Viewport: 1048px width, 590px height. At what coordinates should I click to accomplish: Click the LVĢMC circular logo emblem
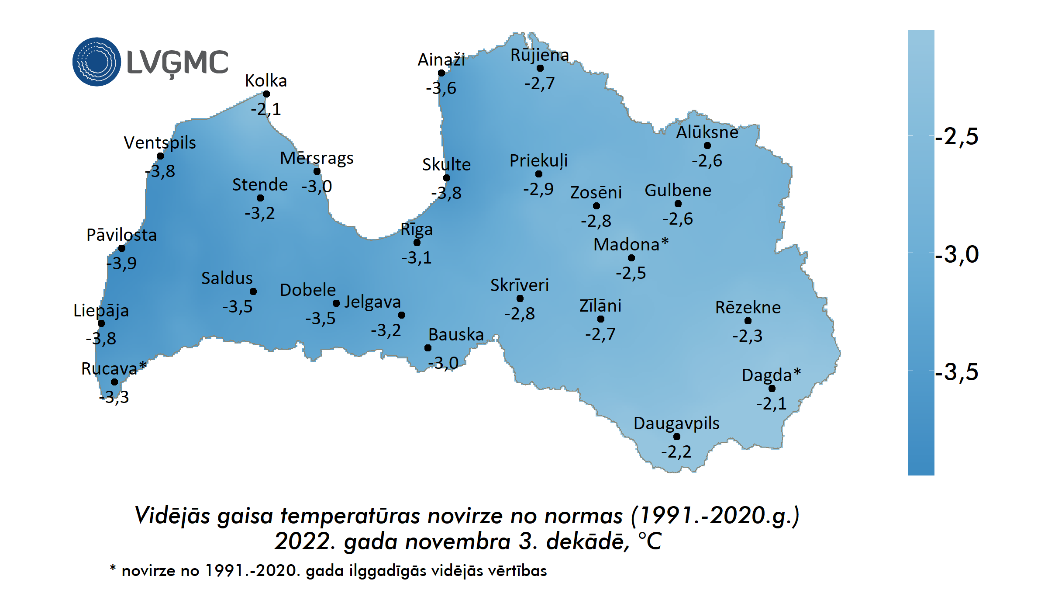(x=97, y=62)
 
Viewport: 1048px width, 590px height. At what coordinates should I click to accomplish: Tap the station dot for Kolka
(x=266, y=94)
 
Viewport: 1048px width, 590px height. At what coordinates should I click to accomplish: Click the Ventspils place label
(x=160, y=142)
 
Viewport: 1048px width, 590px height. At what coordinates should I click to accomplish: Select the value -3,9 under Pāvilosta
(x=122, y=263)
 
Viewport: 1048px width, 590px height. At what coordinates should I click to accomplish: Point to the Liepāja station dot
(x=101, y=323)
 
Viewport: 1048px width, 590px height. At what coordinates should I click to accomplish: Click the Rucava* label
(x=114, y=368)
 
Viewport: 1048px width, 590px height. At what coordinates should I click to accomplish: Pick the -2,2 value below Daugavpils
(x=676, y=451)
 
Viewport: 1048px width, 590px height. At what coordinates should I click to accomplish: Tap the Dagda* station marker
(x=772, y=389)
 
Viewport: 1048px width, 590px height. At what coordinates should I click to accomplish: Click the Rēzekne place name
(x=748, y=308)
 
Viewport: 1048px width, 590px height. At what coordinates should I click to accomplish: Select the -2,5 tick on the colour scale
(x=956, y=136)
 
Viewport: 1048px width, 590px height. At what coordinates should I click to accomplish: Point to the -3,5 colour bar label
(x=956, y=372)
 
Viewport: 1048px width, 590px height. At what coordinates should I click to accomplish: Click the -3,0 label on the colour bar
(x=956, y=254)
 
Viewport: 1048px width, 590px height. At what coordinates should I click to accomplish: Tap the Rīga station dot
(x=417, y=243)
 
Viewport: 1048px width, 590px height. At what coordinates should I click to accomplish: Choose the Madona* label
(x=631, y=244)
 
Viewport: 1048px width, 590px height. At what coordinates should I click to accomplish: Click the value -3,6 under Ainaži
(x=441, y=88)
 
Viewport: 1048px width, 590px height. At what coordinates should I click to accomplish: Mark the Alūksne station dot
(x=707, y=146)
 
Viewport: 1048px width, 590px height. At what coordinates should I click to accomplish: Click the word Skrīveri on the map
(x=519, y=285)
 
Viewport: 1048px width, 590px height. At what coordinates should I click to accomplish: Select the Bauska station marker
(x=428, y=348)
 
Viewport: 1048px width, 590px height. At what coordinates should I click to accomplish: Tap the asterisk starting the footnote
(x=113, y=568)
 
